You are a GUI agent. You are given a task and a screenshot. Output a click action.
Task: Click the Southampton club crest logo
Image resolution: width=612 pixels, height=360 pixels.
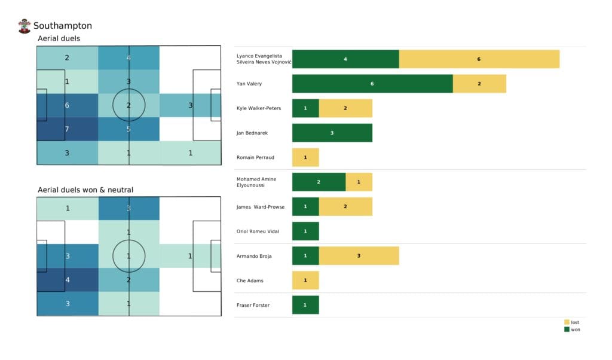(24, 26)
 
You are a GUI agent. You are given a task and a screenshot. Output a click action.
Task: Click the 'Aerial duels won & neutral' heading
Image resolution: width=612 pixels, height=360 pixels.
(85, 190)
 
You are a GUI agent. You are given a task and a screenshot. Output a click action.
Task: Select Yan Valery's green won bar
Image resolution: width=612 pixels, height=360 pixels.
(372, 84)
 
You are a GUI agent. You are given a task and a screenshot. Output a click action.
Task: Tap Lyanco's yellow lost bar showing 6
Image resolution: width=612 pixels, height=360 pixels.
(479, 59)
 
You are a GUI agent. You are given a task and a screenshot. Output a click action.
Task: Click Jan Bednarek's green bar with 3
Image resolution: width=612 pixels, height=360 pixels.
(332, 133)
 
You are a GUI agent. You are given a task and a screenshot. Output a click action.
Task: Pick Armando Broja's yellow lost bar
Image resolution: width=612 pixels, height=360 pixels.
(359, 255)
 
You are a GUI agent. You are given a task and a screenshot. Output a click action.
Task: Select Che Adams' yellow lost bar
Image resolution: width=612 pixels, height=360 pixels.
(305, 280)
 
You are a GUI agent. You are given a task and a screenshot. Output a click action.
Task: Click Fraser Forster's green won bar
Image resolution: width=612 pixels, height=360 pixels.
(305, 305)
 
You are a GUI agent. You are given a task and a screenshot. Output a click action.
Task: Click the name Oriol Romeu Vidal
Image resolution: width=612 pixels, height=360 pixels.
(259, 231)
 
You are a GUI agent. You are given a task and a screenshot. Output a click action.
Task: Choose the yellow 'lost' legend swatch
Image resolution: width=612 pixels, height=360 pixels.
(567, 322)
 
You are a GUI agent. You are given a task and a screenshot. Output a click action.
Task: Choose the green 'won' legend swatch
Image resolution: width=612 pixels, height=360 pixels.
(567, 330)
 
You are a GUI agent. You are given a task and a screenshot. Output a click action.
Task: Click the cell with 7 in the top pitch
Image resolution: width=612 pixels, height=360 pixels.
(67, 129)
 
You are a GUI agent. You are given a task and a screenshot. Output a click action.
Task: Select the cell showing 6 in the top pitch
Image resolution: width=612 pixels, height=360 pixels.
(67, 105)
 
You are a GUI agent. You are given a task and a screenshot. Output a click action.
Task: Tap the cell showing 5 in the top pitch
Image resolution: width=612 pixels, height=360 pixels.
(128, 129)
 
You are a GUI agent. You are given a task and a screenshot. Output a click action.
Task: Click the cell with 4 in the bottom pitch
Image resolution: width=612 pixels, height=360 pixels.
(67, 279)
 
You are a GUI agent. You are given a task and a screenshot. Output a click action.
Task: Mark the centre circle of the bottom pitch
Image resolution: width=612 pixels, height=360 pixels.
(128, 256)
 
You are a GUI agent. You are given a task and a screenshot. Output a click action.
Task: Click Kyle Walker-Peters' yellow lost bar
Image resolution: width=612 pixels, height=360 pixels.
(345, 108)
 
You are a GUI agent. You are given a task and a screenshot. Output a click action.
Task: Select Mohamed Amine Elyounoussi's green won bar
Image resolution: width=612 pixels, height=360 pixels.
(319, 182)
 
